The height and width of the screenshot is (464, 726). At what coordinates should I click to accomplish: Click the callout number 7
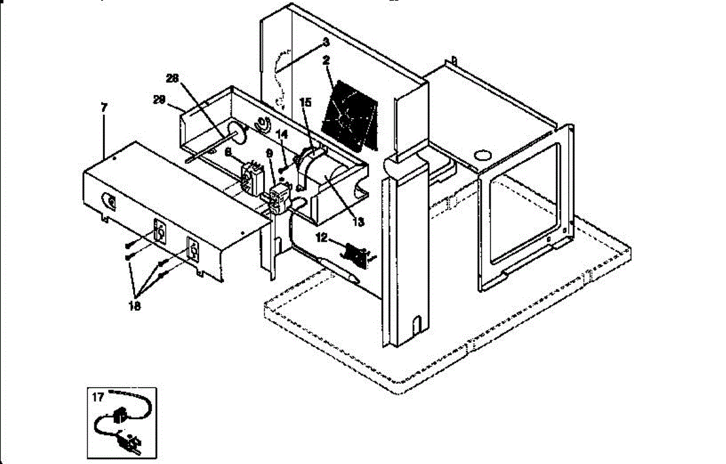click(x=104, y=107)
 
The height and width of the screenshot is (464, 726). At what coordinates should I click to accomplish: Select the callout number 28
click(x=172, y=78)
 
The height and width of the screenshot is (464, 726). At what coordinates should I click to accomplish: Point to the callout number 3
click(x=325, y=42)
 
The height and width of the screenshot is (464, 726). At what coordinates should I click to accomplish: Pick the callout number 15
click(x=306, y=103)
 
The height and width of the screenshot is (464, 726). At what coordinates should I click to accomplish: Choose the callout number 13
click(x=358, y=222)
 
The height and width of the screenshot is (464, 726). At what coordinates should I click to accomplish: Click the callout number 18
click(x=134, y=307)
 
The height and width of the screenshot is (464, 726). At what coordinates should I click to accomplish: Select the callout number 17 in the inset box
click(x=98, y=397)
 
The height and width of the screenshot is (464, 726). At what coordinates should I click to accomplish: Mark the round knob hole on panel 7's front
click(x=110, y=200)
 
